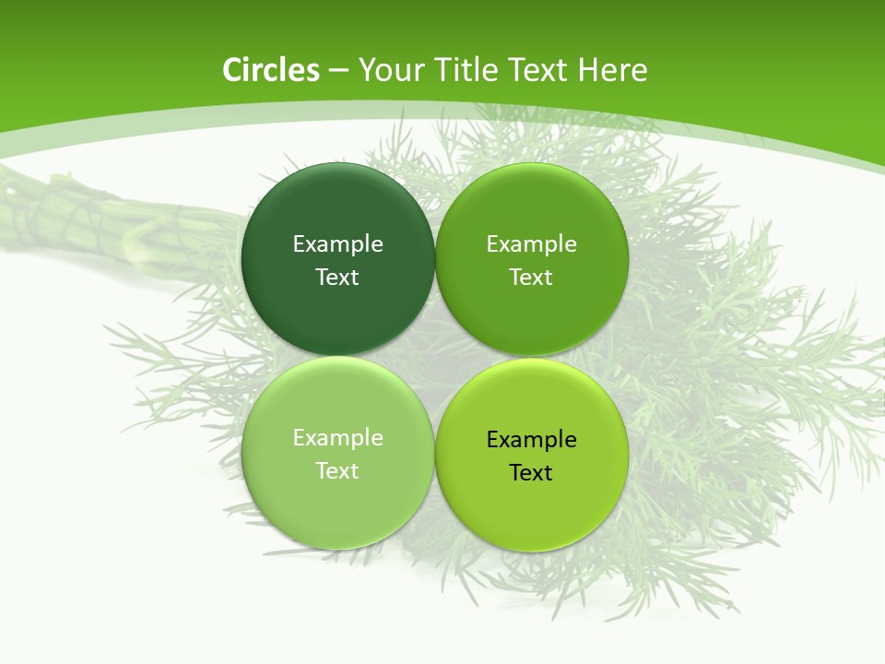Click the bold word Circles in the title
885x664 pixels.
tap(271, 70)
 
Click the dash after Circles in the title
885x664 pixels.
tap(338, 71)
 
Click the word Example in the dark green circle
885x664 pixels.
tap(337, 243)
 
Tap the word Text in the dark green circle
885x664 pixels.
tap(337, 277)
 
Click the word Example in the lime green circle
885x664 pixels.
tap(531, 439)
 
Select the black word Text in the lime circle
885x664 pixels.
tap(531, 472)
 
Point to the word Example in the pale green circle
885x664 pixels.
tap(337, 437)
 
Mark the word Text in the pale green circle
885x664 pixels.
tap(337, 470)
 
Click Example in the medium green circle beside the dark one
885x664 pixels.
tap(531, 243)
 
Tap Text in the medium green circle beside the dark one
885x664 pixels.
tap(531, 277)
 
